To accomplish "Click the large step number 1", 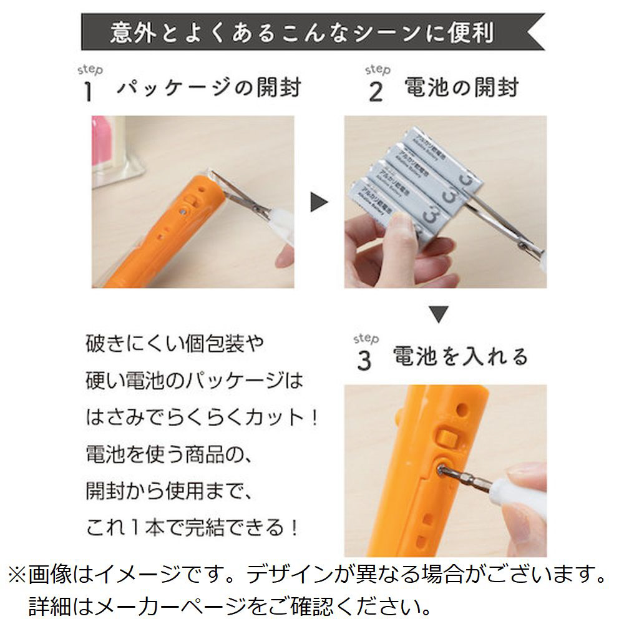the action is [89, 92].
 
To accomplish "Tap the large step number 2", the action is [376, 92].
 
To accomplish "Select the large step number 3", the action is [364, 361].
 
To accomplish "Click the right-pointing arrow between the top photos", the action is [319, 202].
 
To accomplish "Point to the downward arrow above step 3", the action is [439, 314].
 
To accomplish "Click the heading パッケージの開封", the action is [209, 87].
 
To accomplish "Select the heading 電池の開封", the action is [462, 87].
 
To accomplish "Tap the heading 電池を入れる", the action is [461, 356].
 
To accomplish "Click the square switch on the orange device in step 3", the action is [447, 439].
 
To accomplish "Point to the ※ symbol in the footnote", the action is [17, 575].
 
